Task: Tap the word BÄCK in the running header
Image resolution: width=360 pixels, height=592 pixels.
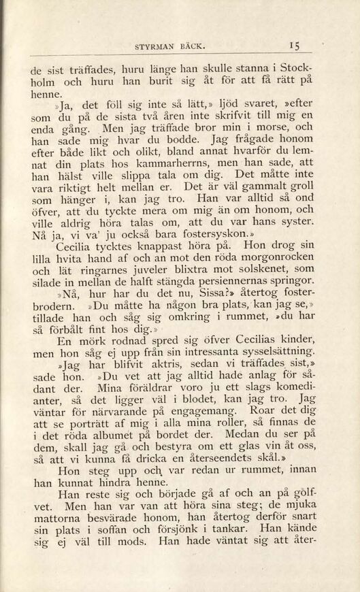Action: click(192, 47)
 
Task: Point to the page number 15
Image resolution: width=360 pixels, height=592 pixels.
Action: click(294, 46)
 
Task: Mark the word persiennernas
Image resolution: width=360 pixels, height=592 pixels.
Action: click(239, 280)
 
